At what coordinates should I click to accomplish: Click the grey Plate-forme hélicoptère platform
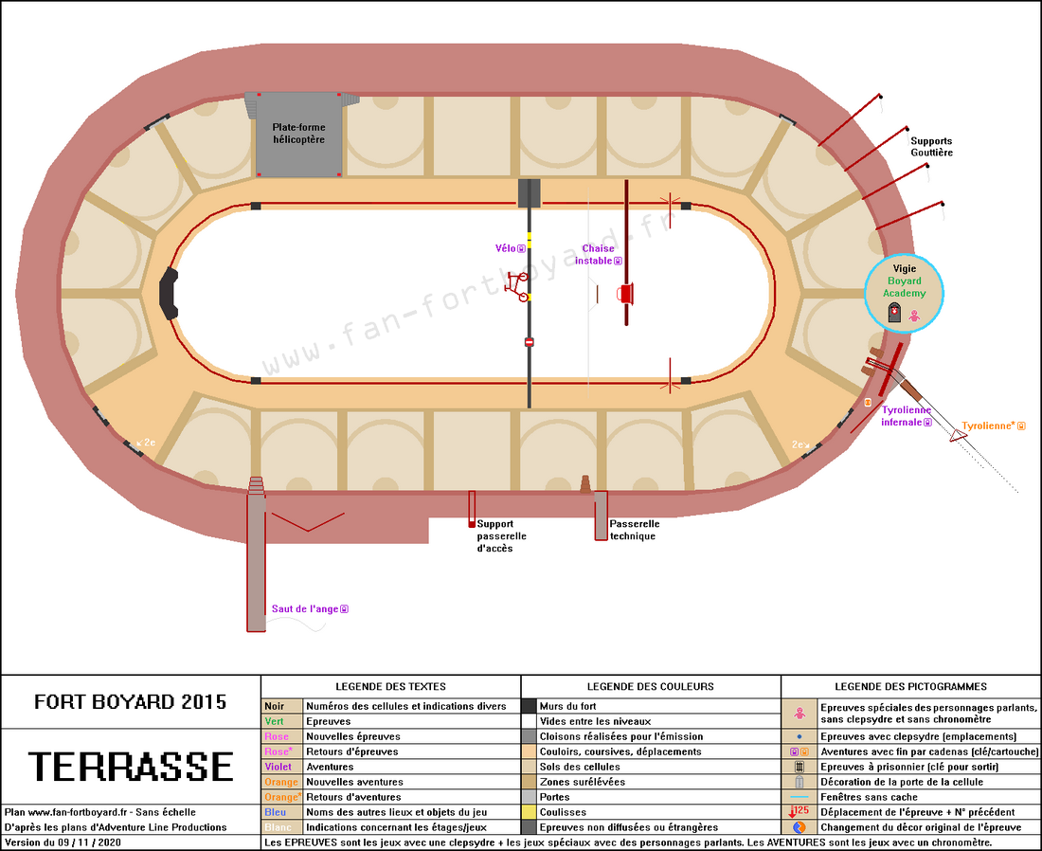299,135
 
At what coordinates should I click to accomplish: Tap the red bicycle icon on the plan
516,286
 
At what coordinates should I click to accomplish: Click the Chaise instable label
598,255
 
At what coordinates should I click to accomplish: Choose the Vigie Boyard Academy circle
904,293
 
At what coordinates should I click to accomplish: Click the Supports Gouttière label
931,146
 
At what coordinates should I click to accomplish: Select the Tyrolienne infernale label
906,416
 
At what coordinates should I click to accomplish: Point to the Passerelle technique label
634,530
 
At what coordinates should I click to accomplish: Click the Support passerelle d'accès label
501,535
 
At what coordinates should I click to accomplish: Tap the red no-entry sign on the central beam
529,342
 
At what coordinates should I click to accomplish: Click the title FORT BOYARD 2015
131,702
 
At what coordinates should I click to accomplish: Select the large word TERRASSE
131,766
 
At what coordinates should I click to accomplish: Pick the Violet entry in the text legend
278,767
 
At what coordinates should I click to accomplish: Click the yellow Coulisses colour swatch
529,812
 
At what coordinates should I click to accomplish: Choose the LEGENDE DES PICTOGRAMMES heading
910,686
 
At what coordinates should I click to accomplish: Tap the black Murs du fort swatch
529,706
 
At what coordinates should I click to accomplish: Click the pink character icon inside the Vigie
914,316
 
